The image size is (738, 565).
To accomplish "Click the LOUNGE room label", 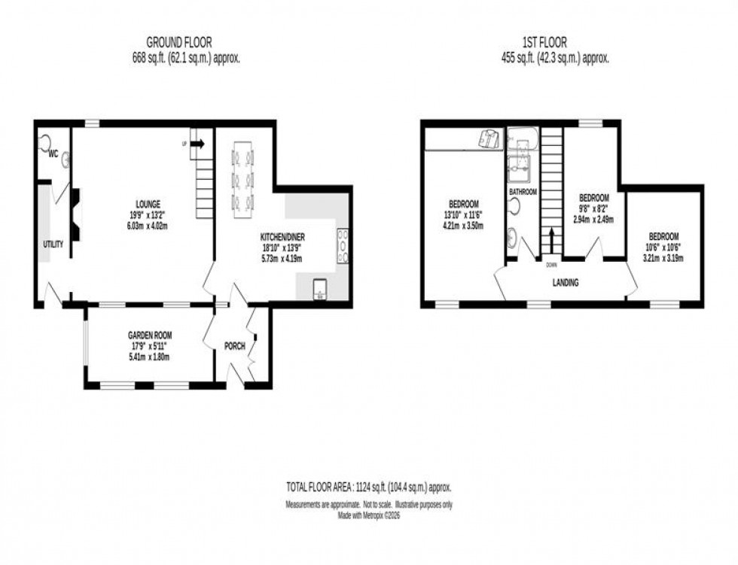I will click(x=148, y=204).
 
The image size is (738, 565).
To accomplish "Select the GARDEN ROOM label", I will click(x=147, y=338).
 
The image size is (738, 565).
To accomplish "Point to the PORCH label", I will click(x=236, y=346).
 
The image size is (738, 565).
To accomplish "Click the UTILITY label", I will click(x=53, y=244).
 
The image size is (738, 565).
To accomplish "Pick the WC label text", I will click(x=53, y=153).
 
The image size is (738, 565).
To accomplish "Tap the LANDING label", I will click(x=565, y=283).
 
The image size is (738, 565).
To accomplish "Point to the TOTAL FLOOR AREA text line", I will click(x=368, y=488).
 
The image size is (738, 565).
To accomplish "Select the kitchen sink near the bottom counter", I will click(x=318, y=287).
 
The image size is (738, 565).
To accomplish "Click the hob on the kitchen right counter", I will click(x=343, y=245).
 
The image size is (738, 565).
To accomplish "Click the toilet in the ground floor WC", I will click(x=45, y=141).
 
